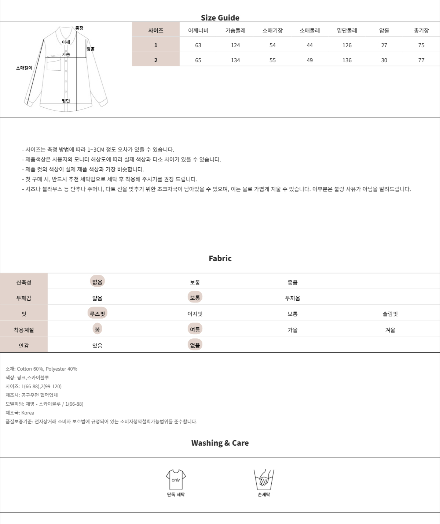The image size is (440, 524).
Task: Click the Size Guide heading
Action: point(220,18)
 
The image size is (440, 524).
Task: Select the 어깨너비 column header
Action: point(198,30)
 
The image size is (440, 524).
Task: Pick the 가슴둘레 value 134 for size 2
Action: point(235,60)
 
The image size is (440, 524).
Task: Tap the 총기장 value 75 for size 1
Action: point(421,45)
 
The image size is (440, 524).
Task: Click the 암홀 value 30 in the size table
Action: point(384,60)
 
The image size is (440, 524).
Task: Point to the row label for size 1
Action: point(156,45)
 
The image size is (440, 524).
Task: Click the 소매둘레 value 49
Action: point(309,60)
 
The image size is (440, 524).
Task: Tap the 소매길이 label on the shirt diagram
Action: point(24,68)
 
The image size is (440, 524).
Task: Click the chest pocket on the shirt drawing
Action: point(54,64)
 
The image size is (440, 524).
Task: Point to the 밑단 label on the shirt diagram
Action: point(66,101)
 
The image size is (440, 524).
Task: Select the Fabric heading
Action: point(220,258)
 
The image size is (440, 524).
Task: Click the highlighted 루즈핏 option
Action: point(97,313)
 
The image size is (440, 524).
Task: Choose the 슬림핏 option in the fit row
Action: point(390,314)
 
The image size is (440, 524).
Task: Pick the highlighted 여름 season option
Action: point(195,329)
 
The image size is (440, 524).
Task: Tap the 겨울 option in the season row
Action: point(390,330)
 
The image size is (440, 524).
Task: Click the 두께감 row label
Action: point(24,298)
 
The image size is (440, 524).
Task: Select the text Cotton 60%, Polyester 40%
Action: point(47,369)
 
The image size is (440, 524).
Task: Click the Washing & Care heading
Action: point(220,443)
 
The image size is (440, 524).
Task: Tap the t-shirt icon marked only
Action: point(176,480)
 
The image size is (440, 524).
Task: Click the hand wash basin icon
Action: point(264,480)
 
